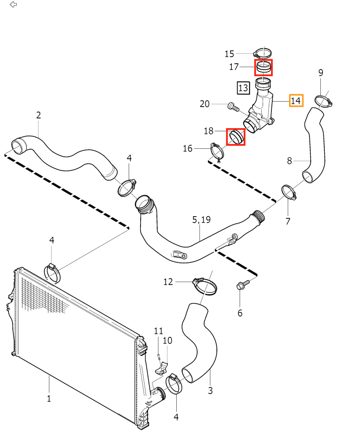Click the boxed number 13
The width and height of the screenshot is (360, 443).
click(243, 88)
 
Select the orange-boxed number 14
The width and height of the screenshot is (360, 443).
click(296, 100)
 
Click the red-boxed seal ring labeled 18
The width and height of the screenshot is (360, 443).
click(235, 137)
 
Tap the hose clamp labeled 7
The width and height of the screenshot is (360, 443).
click(288, 192)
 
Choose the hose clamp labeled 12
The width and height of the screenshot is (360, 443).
click(204, 286)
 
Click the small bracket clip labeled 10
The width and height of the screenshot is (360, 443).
click(164, 365)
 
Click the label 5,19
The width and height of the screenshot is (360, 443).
click(201, 219)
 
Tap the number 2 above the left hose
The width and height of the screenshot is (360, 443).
click(39, 115)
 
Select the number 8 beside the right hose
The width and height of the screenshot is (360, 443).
click(289, 161)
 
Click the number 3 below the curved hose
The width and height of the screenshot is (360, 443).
click(210, 390)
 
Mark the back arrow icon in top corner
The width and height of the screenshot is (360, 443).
click(13, 5)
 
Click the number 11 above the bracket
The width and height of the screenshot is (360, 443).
click(158, 331)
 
